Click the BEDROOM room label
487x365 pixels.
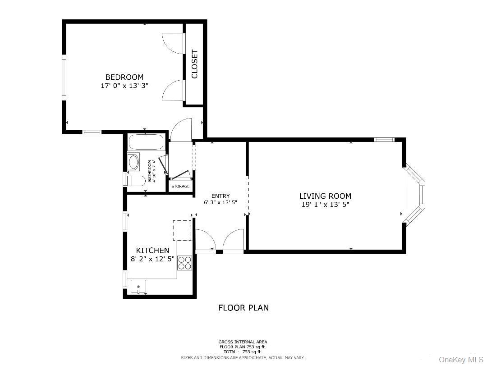click(124, 77)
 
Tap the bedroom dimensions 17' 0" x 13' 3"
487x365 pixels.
click(124, 86)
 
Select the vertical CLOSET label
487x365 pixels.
click(195, 64)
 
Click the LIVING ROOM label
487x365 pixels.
click(325, 196)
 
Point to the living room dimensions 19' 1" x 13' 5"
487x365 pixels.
click(325, 205)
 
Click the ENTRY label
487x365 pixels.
click(221, 196)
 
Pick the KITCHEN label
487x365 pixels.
click(152, 251)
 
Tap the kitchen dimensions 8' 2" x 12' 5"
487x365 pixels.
click(152, 259)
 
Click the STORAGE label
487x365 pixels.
click(180, 186)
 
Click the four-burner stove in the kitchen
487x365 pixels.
click(185, 263)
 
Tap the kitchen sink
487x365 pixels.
click(138, 287)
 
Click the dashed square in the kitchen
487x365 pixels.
click(182, 230)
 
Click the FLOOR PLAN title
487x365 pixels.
click(243, 308)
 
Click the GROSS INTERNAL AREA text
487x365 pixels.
click(243, 342)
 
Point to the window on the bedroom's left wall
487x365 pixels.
click(64, 78)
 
